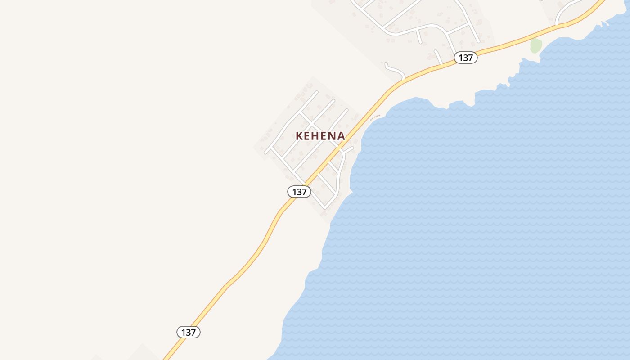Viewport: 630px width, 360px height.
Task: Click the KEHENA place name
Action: coord(320,136)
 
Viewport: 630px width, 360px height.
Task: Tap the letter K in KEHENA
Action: coord(299,136)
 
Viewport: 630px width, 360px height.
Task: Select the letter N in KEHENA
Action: coord(333,136)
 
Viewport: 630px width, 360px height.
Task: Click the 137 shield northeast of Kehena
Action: coord(465,58)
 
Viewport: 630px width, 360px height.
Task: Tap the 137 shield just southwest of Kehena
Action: coord(299,192)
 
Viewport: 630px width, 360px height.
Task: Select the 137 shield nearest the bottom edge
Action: coord(188,333)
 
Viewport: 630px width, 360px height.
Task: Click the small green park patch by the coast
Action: coord(535,45)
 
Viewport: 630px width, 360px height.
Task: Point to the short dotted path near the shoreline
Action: coord(375,117)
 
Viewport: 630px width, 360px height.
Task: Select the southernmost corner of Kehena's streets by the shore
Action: coord(325,207)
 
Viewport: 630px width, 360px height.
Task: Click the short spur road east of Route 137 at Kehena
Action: coord(349,149)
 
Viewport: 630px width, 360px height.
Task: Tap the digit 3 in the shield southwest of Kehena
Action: coord(299,192)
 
